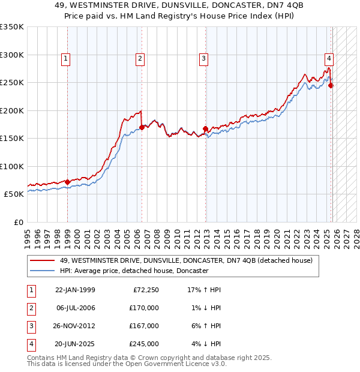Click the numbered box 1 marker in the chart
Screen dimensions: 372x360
[x=65, y=59]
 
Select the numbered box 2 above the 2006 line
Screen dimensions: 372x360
[x=139, y=59]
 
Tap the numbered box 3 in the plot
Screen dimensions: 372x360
[x=204, y=59]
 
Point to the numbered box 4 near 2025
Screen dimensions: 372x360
[x=329, y=59]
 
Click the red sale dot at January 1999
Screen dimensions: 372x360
[x=67, y=182]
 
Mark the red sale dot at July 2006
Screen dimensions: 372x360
[x=142, y=127]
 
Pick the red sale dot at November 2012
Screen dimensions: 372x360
[x=205, y=128]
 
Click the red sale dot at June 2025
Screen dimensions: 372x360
[x=331, y=85]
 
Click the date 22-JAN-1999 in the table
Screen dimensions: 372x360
[x=75, y=290]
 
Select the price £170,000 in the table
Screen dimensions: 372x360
[x=144, y=308]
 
